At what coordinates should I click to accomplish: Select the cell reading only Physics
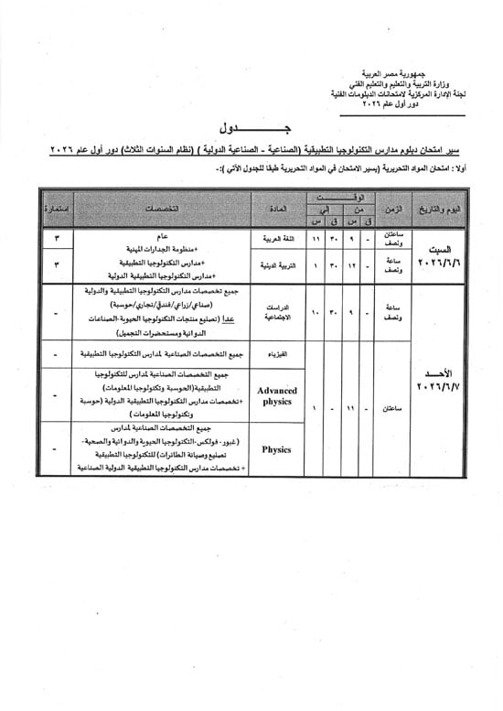click(x=276, y=450)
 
